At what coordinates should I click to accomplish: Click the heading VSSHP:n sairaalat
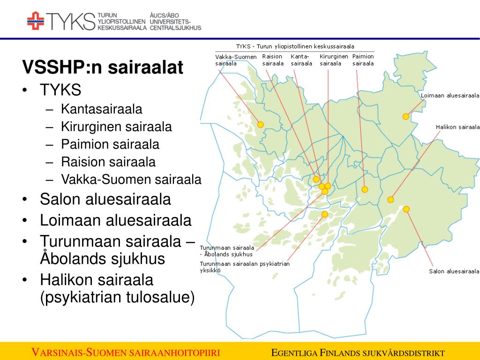coord(102,67)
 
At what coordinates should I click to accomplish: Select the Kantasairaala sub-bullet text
coord(101,109)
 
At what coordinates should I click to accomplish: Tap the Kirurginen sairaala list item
coord(116,127)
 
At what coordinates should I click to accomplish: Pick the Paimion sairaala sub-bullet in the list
coord(110,144)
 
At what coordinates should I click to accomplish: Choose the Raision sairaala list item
coord(108,162)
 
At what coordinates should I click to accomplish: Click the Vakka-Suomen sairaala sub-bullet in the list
coord(131,179)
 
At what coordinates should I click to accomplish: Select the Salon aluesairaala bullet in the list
coord(105,199)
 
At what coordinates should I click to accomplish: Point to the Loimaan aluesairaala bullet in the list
coord(116,220)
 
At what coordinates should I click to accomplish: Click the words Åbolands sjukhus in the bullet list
coord(103,259)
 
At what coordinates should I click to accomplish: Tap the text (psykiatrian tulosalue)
coord(117,297)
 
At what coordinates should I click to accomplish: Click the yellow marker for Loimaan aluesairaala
coord(405,116)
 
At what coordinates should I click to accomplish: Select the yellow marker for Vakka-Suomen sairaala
coord(261,124)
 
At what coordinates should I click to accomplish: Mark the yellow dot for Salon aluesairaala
coord(406,209)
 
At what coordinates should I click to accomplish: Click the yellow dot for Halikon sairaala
coord(390,200)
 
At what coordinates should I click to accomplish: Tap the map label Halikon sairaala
coord(457,127)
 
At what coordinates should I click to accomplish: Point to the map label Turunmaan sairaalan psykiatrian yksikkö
coord(244,267)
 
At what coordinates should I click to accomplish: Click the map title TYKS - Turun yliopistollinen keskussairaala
coord(295,46)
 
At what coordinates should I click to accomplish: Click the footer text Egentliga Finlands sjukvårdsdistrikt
coord(358,353)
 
